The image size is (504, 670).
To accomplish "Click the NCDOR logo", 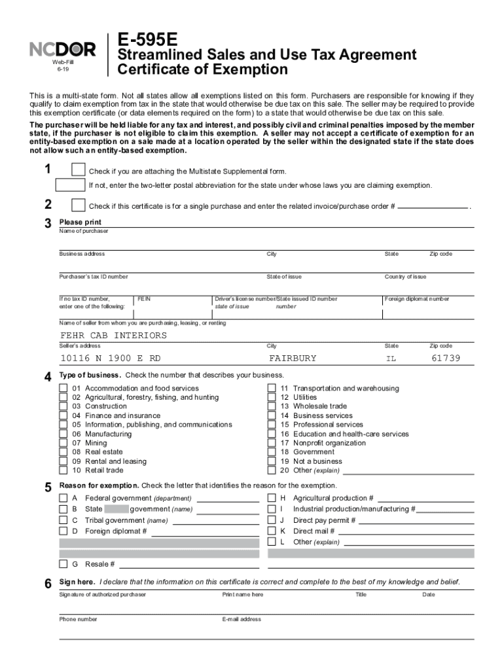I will (x=63, y=48).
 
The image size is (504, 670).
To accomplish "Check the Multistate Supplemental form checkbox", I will (x=78, y=170).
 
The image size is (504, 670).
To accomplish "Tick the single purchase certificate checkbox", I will (x=78, y=205).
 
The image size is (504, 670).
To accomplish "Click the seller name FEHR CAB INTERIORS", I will (x=113, y=336).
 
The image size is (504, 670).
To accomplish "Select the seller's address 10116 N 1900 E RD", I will (x=110, y=359).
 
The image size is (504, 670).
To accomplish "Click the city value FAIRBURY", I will (x=293, y=359).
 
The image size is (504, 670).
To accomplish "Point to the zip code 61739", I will (x=446, y=359).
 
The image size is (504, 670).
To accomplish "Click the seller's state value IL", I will (x=391, y=359).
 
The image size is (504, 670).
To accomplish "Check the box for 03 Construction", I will (x=63, y=406).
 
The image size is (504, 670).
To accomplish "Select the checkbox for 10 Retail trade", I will (x=63, y=470).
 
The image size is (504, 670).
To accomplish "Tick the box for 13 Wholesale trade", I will (x=272, y=406).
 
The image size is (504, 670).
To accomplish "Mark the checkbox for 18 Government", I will (x=272, y=452).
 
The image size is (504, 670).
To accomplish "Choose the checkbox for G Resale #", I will (x=63, y=564).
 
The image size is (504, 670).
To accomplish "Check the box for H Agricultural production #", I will (x=272, y=498).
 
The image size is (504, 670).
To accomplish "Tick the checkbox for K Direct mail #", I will (x=272, y=531).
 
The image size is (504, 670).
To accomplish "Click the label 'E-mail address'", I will (x=242, y=619).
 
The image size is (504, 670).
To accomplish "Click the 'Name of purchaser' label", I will (x=84, y=231).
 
